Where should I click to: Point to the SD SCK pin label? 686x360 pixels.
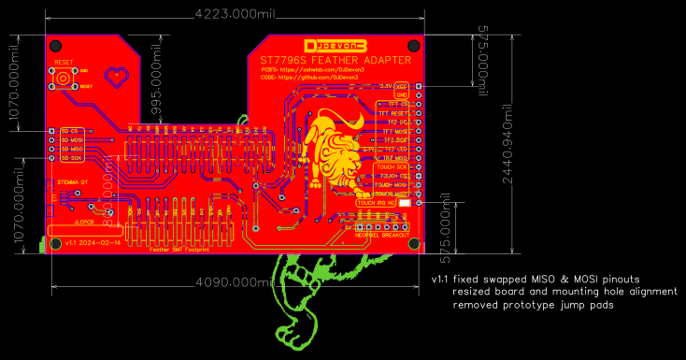[x=72, y=158]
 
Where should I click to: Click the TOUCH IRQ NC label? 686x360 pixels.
[x=377, y=202]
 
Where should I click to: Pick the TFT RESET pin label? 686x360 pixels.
[x=393, y=113]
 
